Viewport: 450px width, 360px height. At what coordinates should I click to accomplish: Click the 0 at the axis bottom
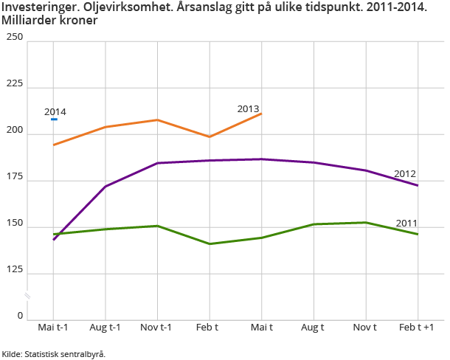tap(20, 316)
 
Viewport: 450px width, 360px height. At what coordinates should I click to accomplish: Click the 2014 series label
tap(55, 112)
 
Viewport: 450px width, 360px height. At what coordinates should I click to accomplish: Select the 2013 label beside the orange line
tap(248, 109)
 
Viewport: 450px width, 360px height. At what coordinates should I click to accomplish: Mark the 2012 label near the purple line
tap(405, 174)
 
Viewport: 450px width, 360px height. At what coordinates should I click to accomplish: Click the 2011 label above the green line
tap(407, 223)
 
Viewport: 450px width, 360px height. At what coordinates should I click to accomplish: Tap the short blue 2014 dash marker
tap(54, 120)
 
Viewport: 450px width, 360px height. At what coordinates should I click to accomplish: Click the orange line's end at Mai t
tap(261, 114)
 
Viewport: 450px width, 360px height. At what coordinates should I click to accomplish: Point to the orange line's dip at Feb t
tap(210, 136)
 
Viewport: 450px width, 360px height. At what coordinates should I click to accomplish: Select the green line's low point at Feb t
tap(210, 243)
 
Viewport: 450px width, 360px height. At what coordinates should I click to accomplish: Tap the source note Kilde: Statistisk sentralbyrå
tap(54, 354)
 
